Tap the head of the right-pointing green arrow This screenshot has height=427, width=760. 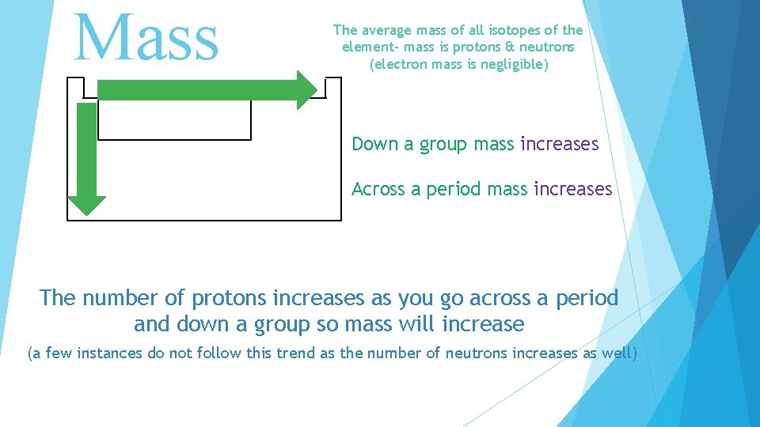[306, 89]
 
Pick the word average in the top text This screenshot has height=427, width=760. [386, 31]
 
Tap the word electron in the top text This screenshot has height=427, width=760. [401, 64]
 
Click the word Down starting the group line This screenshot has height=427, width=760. [374, 144]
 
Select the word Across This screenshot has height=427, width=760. [378, 189]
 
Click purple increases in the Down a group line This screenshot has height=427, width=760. [559, 144]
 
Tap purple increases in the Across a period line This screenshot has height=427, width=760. [572, 189]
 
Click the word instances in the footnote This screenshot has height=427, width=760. [106, 353]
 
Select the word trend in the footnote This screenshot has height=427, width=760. [297, 353]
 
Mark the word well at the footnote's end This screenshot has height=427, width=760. [617, 353]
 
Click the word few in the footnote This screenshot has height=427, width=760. [58, 353]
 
